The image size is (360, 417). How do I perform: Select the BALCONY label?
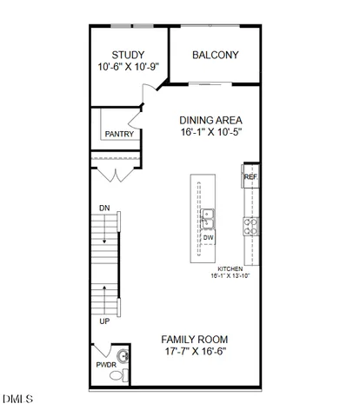point(215,55)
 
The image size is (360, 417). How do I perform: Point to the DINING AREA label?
point(210,121)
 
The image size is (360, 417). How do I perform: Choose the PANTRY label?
point(118,135)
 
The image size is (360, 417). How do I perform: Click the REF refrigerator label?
point(250,177)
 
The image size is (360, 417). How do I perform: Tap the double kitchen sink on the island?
point(209,217)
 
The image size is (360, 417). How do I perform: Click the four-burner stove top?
point(250,227)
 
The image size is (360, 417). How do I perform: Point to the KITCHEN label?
point(229,269)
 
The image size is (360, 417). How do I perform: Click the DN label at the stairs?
point(104,208)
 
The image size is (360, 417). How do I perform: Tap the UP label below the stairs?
point(104,320)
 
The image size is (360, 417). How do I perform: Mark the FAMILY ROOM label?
point(195,340)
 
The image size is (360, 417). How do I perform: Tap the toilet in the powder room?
point(125,374)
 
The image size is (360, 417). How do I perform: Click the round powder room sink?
point(123,356)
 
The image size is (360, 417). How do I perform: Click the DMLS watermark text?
point(18,399)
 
